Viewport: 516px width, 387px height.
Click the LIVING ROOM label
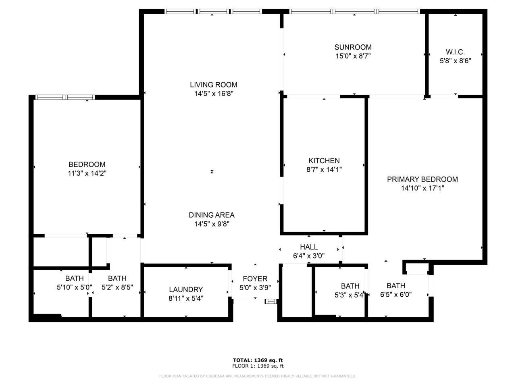[213, 85]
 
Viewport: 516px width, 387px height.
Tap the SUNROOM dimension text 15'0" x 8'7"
[353, 56]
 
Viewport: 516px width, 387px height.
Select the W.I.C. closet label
[455, 52]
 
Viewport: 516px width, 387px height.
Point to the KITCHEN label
[324, 161]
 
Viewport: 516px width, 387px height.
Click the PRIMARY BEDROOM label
[422, 179]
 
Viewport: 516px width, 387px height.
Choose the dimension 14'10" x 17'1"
[422, 188]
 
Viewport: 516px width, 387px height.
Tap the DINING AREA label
[212, 215]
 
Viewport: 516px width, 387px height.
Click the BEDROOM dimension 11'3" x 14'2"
[87, 173]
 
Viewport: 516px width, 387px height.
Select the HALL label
[309, 247]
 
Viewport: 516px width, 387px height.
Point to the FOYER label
[255, 279]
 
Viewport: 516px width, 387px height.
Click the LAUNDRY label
[186, 289]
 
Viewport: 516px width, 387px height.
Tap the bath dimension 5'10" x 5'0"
[75, 287]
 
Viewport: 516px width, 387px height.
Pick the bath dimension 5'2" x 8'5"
[117, 287]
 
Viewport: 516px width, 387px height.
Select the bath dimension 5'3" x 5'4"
[350, 295]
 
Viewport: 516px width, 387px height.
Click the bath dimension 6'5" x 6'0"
[396, 295]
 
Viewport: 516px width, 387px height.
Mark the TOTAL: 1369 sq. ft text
[258, 360]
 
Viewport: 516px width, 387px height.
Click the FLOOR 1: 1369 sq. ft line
[258, 366]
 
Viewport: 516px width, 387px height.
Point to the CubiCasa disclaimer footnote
[258, 376]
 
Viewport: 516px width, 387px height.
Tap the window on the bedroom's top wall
[64, 97]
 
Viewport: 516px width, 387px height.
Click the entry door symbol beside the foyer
[271, 301]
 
